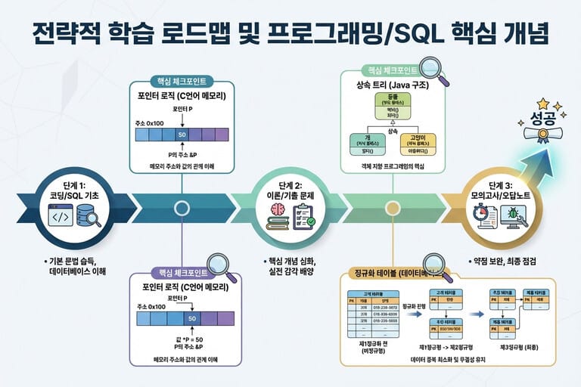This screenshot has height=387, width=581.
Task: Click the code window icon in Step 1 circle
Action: (x=62, y=218)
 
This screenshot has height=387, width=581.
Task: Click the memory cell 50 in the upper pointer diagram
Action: (x=182, y=135)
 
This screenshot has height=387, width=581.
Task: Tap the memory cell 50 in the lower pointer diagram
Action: (x=191, y=318)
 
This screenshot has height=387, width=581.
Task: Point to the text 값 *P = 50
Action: (x=194, y=335)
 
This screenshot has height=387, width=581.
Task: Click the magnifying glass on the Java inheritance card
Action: (x=437, y=75)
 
